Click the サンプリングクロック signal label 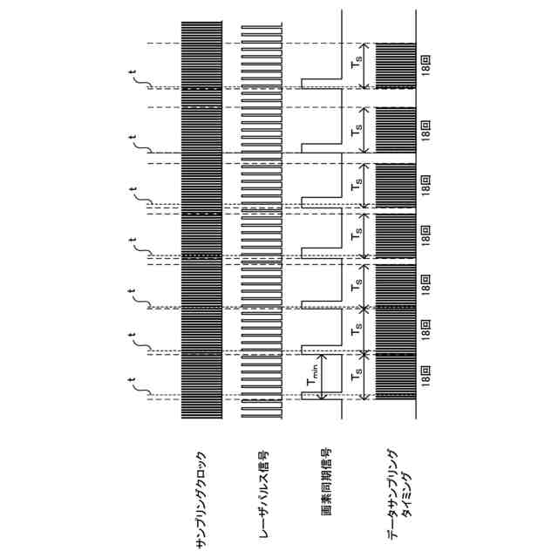point(201,500)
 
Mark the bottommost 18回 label point(425,376)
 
